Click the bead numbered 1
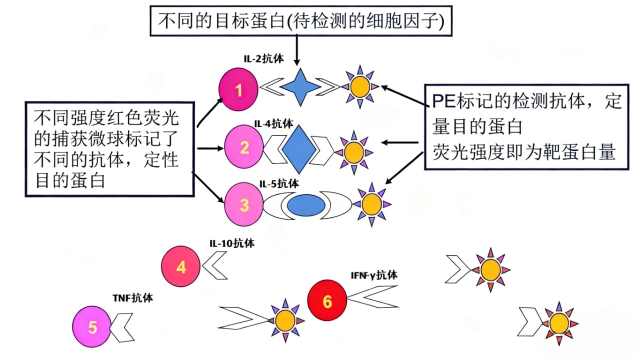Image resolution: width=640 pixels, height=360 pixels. tap(239, 90)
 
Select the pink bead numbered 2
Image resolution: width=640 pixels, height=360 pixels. tap(244, 147)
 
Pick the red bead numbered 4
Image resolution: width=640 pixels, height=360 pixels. tap(181, 267)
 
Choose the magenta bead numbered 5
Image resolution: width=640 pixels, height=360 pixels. tap(92, 327)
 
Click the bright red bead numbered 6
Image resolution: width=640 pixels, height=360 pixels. tap(327, 301)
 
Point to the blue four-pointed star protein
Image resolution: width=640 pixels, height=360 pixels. tap(299, 87)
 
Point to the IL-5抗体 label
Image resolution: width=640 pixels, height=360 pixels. tap(279, 184)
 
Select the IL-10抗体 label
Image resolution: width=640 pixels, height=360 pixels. tap(231, 243)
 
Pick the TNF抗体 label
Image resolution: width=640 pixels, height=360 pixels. tap(133, 298)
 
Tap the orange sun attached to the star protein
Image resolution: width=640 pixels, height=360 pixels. tap(359, 87)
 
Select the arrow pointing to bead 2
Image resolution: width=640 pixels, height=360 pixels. tap(210, 148)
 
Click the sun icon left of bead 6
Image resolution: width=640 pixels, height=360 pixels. tap(285, 319)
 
